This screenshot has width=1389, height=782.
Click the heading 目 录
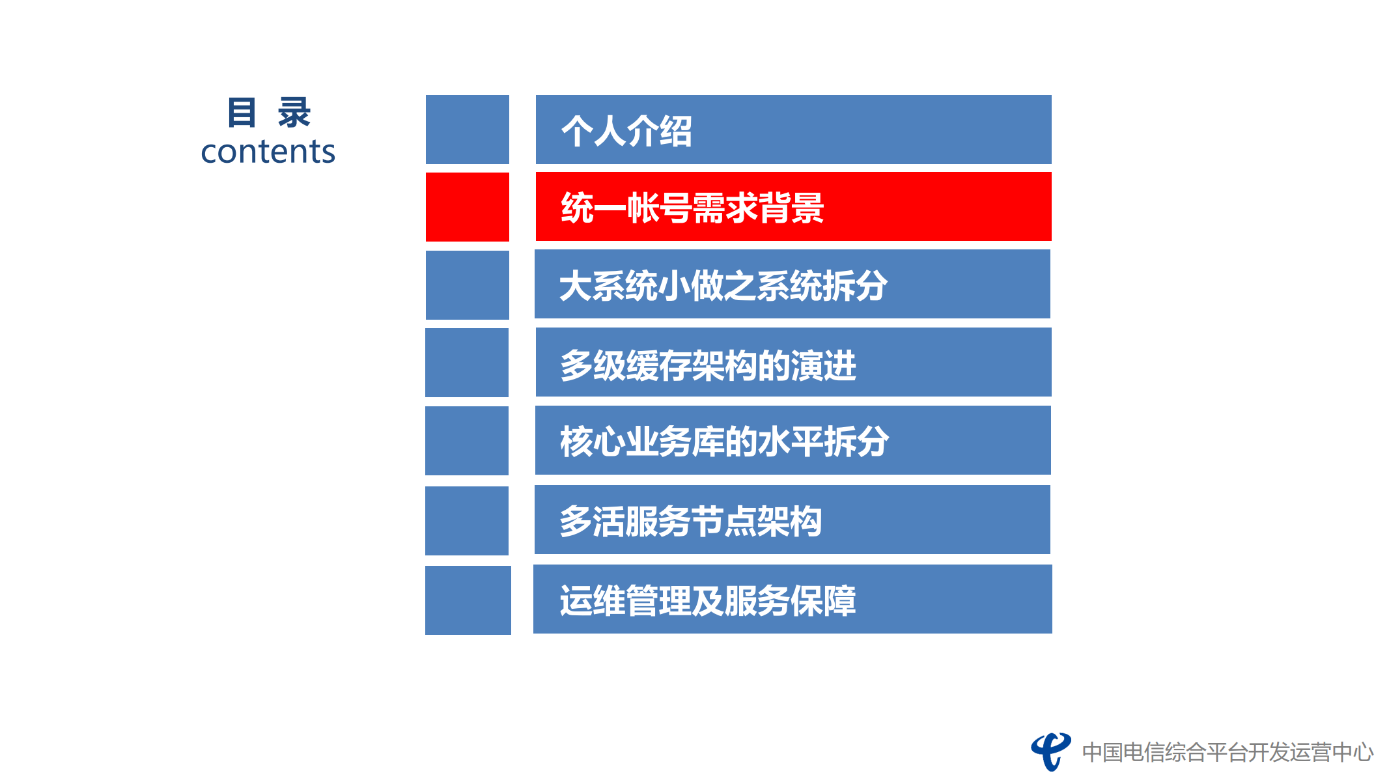click(268, 113)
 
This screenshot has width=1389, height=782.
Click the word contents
click(268, 152)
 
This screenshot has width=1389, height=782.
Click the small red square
click(467, 207)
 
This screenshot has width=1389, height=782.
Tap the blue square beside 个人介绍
click(467, 130)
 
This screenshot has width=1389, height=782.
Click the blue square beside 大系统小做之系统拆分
click(467, 285)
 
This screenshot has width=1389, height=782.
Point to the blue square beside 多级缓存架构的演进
click(466, 363)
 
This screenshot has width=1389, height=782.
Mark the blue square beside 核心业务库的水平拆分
click(466, 441)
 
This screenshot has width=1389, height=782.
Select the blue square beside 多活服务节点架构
click(466, 521)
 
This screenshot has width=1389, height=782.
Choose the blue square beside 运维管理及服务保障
click(468, 600)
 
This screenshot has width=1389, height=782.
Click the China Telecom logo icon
click(1050, 751)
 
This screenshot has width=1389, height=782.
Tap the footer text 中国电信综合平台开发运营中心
click(1228, 753)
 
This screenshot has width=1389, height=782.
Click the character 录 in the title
click(294, 113)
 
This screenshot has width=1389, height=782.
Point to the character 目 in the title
click(242, 113)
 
